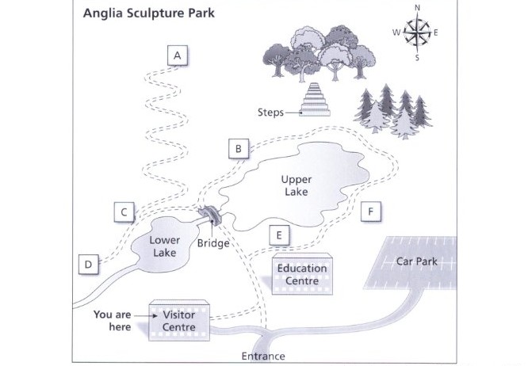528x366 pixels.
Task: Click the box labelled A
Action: (x=178, y=55)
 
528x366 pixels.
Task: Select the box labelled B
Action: (x=239, y=148)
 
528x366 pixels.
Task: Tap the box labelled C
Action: (x=124, y=212)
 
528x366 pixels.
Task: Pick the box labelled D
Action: (x=88, y=265)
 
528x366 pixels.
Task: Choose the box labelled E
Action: (x=279, y=235)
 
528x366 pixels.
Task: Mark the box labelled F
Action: (x=371, y=212)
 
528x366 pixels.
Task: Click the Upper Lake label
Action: (x=297, y=185)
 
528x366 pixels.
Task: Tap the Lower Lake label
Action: (x=165, y=246)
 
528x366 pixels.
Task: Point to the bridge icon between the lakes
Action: (x=210, y=215)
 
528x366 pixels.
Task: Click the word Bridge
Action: (x=213, y=243)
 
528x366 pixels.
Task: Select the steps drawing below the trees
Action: (x=316, y=100)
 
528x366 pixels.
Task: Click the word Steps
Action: (x=270, y=112)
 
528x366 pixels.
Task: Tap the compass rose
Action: (x=417, y=32)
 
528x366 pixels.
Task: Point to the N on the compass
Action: (x=417, y=8)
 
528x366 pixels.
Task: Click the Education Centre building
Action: (x=302, y=274)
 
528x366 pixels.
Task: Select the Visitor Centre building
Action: (x=179, y=321)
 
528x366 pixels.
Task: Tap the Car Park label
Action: (x=417, y=261)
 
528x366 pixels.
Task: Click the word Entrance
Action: (x=263, y=356)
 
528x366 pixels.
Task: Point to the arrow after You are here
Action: (x=146, y=315)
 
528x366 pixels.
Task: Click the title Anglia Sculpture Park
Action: (x=149, y=13)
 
